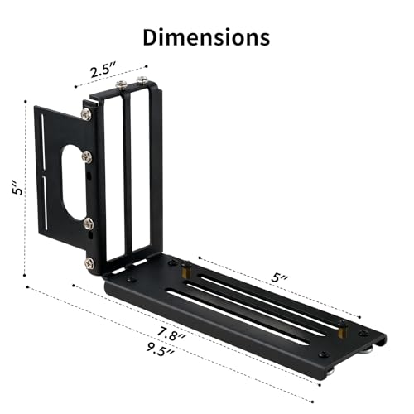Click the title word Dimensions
[x=206, y=37]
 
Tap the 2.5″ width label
[x=103, y=70]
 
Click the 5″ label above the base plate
[x=280, y=277]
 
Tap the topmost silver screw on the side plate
[x=87, y=114]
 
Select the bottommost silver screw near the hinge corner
[x=89, y=263]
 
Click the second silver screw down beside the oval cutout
[x=87, y=156]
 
